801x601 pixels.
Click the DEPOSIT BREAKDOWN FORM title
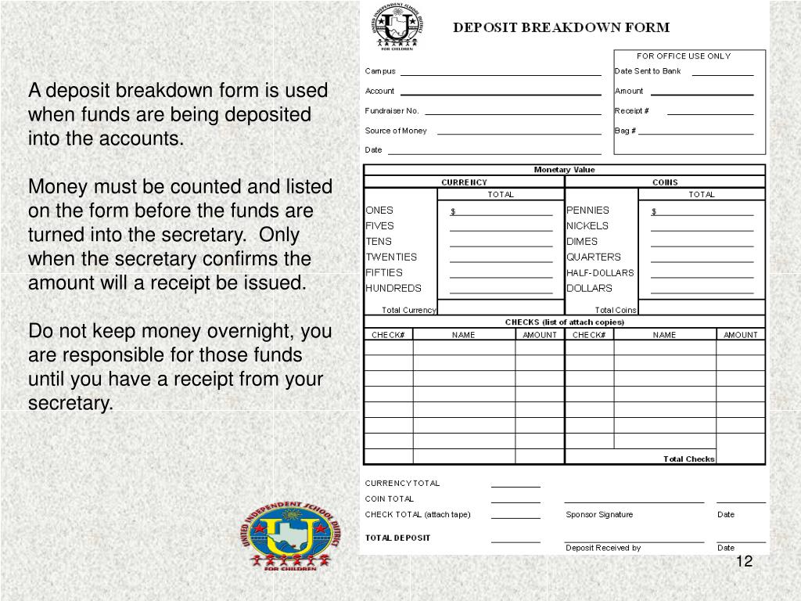(562, 27)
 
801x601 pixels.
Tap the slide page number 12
(744, 562)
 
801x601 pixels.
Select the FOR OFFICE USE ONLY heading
(683, 56)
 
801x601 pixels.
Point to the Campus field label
(380, 71)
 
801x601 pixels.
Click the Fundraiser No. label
(392, 110)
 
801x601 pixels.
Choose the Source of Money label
(396, 131)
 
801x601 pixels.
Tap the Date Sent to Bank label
(648, 71)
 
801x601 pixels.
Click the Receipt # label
(631, 110)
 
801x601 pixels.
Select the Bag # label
(625, 131)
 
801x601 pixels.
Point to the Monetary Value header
(564, 170)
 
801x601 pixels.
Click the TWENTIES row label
(391, 257)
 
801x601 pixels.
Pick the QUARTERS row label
(593, 257)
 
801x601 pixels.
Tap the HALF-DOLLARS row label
(600, 272)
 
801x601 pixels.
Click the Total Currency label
(408, 310)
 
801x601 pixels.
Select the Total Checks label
(688, 459)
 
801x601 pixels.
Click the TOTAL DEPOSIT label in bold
(397, 538)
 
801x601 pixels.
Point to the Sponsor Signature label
(599, 514)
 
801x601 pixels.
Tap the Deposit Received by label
(603, 548)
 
